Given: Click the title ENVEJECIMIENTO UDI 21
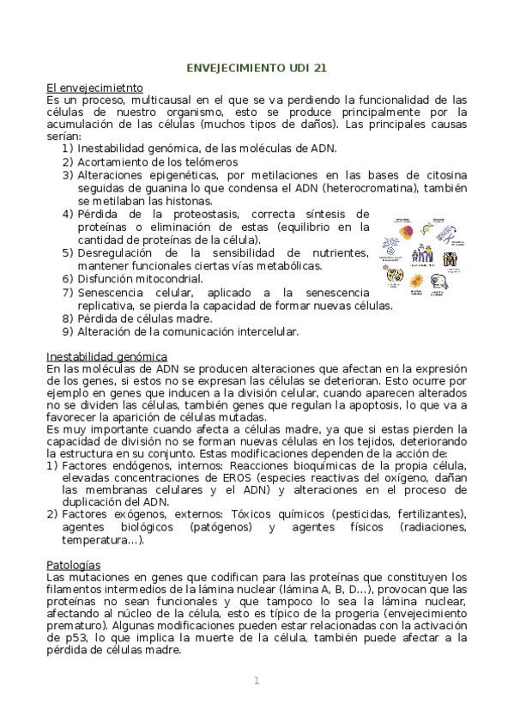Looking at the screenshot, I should (257, 67).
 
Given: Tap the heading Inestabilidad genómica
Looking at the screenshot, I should (106, 356).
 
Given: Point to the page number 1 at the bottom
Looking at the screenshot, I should (256, 681).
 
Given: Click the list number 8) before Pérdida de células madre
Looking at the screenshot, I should (67, 318).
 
